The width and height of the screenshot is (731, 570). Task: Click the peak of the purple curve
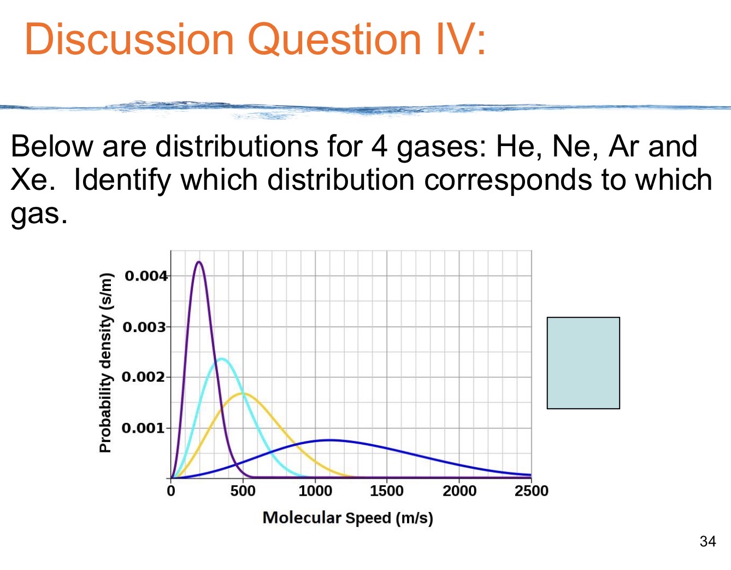click(x=198, y=262)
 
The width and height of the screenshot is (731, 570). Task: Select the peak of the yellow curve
click(x=243, y=393)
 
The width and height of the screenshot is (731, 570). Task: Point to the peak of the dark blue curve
click(x=329, y=440)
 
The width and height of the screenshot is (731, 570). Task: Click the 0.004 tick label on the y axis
click(x=146, y=276)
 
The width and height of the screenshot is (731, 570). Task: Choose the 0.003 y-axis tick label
click(x=144, y=327)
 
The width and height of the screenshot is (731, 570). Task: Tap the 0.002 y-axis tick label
click(x=143, y=377)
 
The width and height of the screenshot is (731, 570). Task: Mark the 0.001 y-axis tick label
click(x=143, y=428)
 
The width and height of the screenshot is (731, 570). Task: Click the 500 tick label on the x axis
click(x=243, y=491)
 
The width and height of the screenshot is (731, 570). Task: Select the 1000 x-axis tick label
click(x=315, y=491)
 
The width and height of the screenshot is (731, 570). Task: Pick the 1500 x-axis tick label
click(x=387, y=491)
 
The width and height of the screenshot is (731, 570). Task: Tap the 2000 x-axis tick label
click(x=459, y=491)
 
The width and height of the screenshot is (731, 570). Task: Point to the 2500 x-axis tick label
click(x=531, y=491)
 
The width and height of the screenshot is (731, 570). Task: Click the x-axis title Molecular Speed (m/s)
click(x=348, y=517)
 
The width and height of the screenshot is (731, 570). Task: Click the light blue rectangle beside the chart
click(x=583, y=363)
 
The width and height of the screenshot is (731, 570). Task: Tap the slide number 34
click(x=708, y=542)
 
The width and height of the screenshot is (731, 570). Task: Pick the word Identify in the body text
click(x=122, y=179)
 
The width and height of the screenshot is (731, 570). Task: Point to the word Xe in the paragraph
click(x=31, y=179)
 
